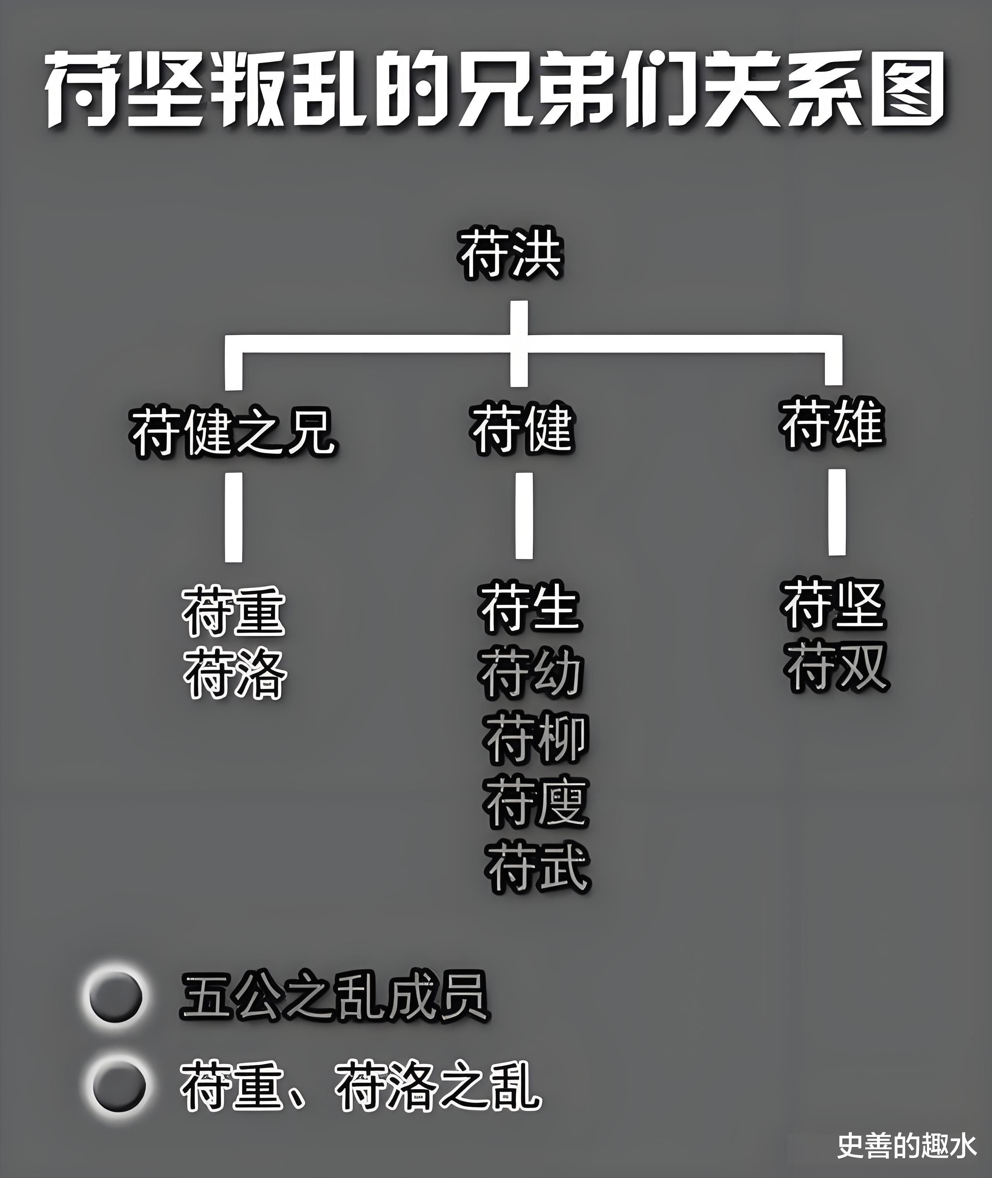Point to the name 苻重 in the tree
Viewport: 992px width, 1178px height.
tap(233, 612)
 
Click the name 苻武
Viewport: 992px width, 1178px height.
tap(537, 866)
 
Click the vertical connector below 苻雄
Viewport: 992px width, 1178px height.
tap(837, 511)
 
